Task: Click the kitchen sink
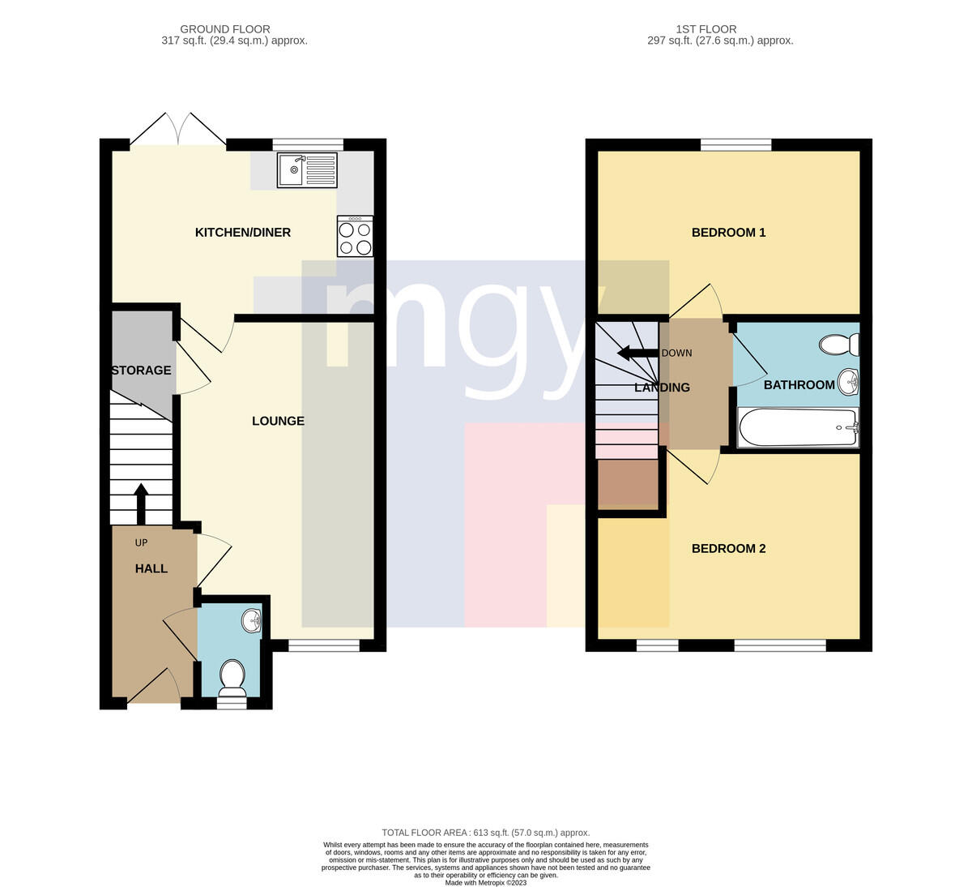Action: coord(307,169)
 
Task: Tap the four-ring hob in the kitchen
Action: coord(355,236)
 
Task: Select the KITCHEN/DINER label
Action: coord(243,233)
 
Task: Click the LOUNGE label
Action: coord(278,421)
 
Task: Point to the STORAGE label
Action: coord(142,371)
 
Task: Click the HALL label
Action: coord(151,568)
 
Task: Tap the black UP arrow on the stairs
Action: coord(141,503)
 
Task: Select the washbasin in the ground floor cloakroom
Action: coord(252,621)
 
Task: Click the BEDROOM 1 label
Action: coord(728,233)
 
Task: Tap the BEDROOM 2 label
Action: coord(728,548)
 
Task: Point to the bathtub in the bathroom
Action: coord(798,427)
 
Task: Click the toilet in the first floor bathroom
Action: coord(839,345)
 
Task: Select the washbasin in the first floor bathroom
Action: coord(848,382)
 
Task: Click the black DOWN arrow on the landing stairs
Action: coord(637,353)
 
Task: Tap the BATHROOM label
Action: coord(799,385)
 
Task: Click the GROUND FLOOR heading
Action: coord(225,29)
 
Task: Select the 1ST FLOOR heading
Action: coord(706,29)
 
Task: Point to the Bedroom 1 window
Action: coord(735,144)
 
